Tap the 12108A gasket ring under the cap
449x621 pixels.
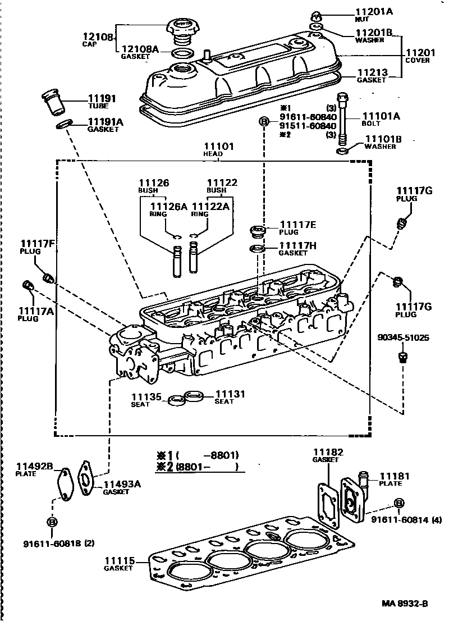182,54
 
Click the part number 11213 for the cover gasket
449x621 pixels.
372,72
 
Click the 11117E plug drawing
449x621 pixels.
257,231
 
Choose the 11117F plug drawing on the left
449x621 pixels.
48,277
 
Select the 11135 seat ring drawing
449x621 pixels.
175,400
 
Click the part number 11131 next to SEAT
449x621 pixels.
230,394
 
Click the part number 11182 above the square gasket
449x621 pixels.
328,453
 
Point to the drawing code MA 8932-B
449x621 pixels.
405,604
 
